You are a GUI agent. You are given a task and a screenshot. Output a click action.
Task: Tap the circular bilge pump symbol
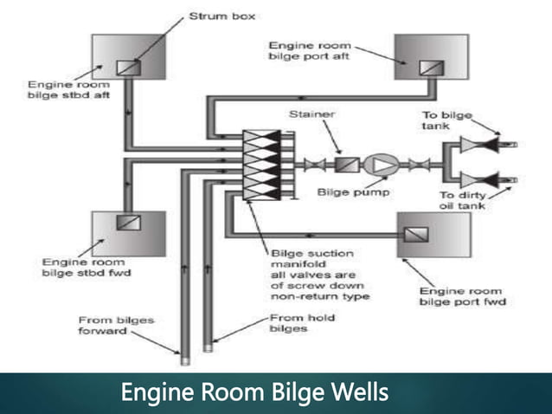pos(377,164)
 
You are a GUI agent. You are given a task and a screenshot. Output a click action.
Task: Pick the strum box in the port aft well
pos(427,68)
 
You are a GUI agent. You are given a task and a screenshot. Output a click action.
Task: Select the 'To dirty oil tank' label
pos(464,201)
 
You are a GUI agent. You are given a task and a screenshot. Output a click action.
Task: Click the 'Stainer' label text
pos(311,113)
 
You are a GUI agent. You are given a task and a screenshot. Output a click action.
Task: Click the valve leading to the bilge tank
pos(478,145)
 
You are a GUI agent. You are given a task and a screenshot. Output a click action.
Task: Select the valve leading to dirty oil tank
pos(478,180)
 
